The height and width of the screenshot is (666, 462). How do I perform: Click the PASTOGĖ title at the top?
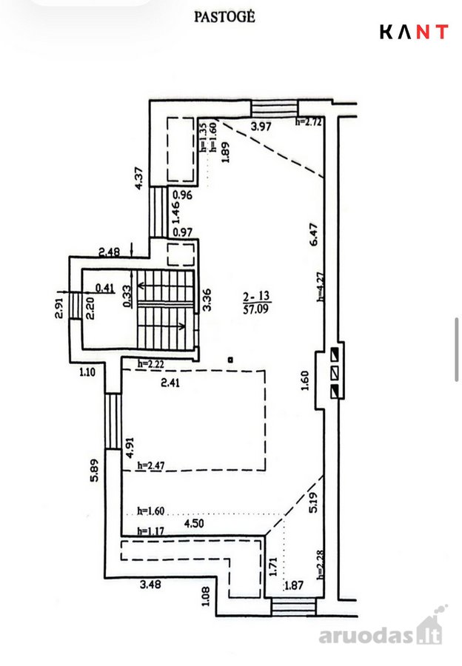tap(224, 17)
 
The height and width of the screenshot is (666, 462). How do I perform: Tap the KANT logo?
tap(414, 32)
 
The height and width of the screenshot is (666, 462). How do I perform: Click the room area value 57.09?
tap(256, 309)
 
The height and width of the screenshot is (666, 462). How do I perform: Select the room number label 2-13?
tap(256, 296)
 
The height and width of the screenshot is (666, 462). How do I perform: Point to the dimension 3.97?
tap(261, 126)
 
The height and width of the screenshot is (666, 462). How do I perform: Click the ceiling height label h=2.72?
tap(309, 122)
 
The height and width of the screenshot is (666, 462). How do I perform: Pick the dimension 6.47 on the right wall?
tap(314, 235)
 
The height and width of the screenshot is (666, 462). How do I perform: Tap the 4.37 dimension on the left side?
tap(138, 178)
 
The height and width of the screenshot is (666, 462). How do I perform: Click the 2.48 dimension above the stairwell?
tap(110, 252)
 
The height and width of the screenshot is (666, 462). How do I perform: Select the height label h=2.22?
tap(151, 363)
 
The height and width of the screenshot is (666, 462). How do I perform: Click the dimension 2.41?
tap(170, 383)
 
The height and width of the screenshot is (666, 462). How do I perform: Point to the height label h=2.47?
tap(151, 465)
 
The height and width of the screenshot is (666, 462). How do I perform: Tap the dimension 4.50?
tap(194, 523)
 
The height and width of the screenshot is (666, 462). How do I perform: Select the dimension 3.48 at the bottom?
tap(150, 585)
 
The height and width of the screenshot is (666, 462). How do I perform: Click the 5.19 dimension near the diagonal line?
tap(313, 502)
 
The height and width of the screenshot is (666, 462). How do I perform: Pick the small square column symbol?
tap(230, 360)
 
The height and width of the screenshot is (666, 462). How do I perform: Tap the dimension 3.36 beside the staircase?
tap(207, 300)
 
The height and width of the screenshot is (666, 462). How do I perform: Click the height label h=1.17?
tap(150, 531)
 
